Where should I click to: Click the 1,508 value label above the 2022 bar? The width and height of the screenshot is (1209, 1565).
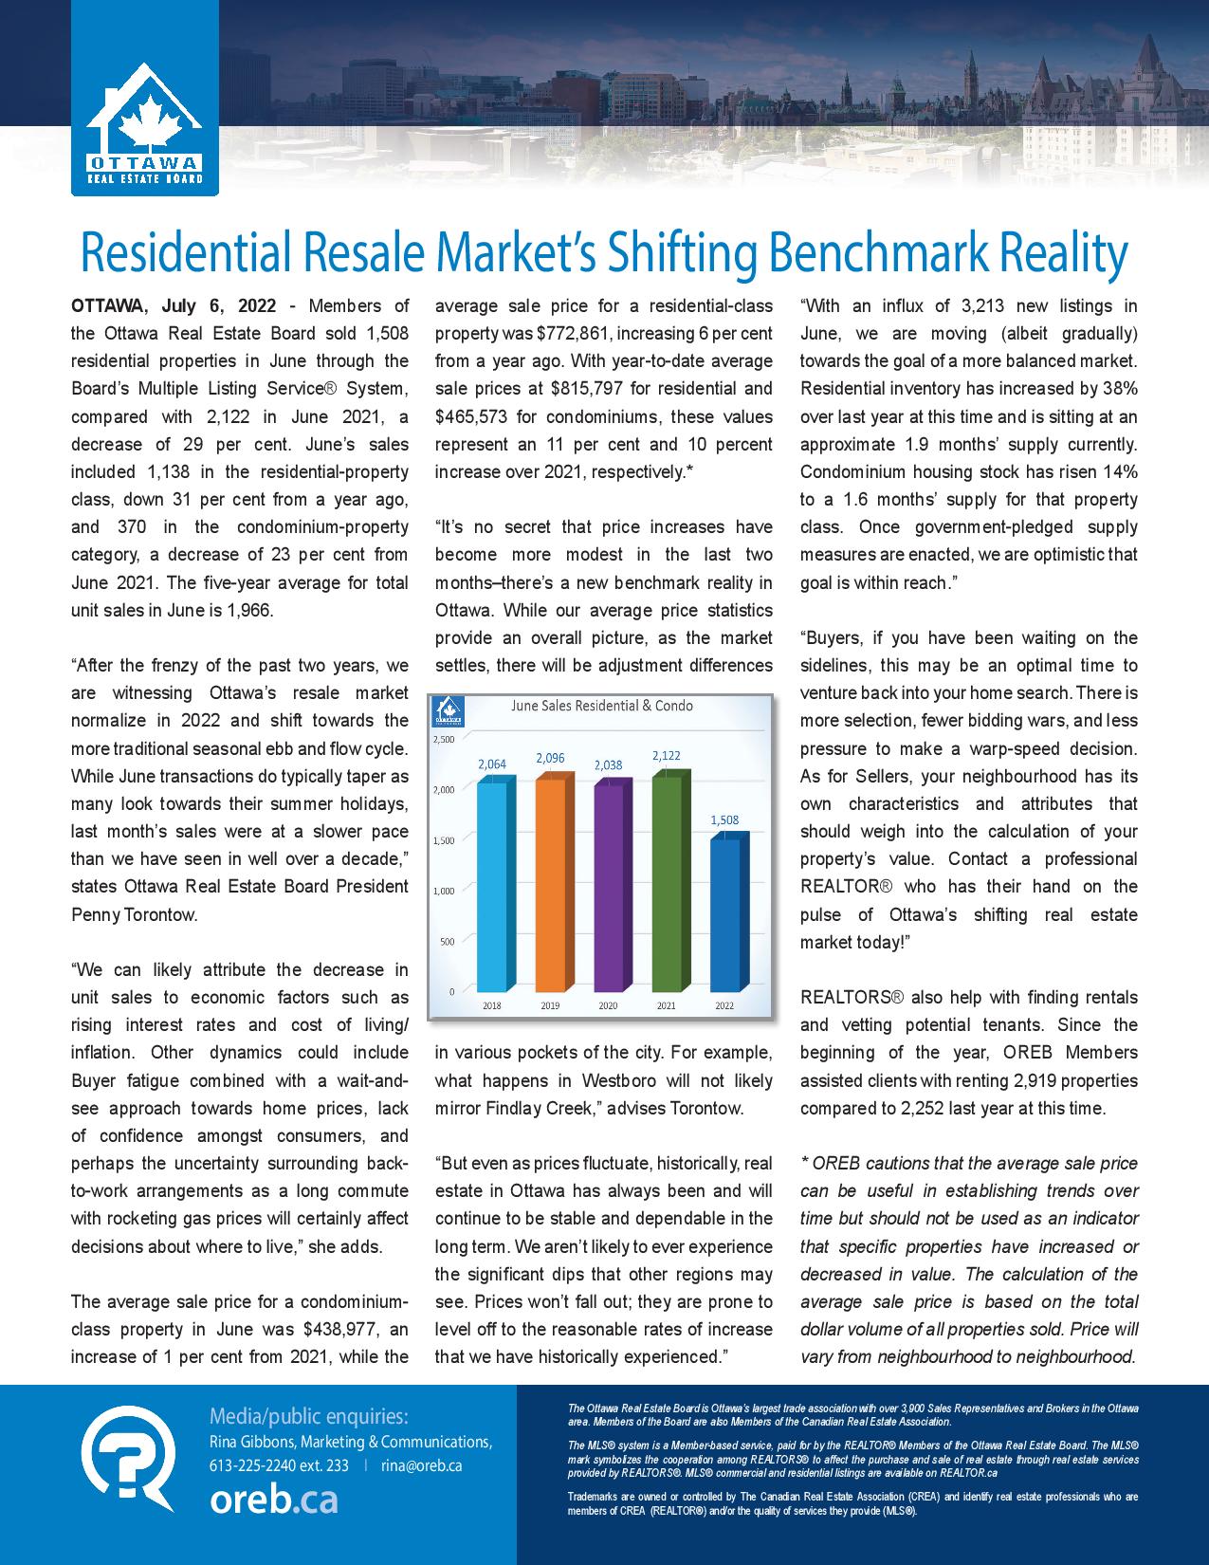724,819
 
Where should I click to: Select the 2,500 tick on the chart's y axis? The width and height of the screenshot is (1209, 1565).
444,739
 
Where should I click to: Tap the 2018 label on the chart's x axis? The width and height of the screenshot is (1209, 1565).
492,1005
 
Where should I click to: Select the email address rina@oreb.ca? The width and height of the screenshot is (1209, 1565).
421,1465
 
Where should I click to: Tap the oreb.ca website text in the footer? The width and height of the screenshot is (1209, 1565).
274,1500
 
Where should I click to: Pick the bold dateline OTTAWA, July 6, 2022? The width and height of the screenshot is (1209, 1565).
174,305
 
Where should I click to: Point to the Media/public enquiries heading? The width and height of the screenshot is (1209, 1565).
309,1417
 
